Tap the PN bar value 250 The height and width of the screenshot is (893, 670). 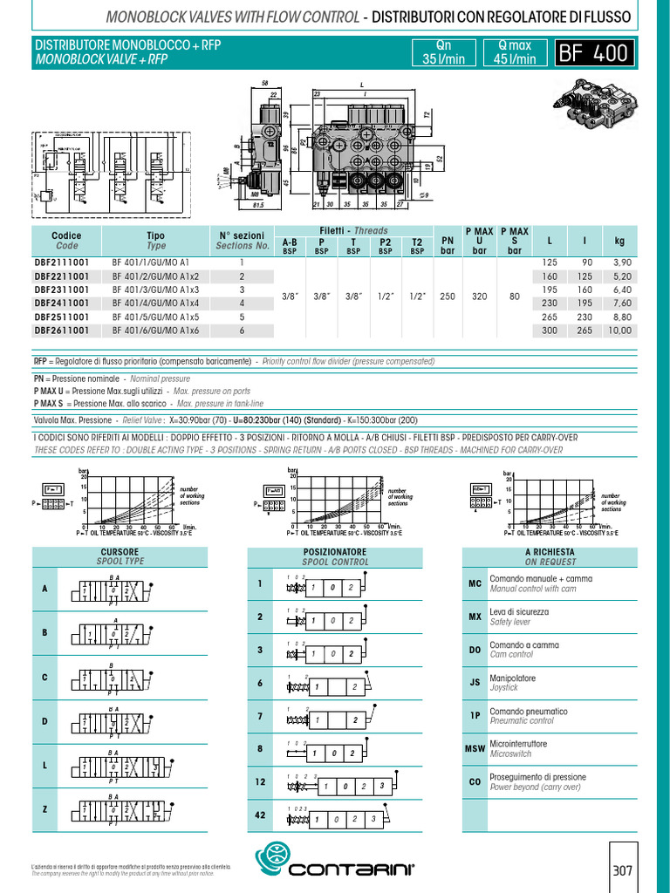[x=448, y=297]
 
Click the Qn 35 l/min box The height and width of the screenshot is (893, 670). [x=442, y=53]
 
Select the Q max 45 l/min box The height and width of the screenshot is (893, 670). [x=515, y=53]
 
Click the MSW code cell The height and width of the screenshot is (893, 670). [x=475, y=749]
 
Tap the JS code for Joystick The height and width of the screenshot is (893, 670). [x=475, y=683]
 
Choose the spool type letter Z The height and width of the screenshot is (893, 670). [x=44, y=810]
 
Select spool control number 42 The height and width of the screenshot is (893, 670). [x=260, y=815]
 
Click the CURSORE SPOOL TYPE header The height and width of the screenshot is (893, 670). [x=120, y=557]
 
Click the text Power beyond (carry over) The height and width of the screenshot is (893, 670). [x=535, y=787]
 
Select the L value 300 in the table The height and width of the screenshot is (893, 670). [x=549, y=331]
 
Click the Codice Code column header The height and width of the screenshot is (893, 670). [x=66, y=241]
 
